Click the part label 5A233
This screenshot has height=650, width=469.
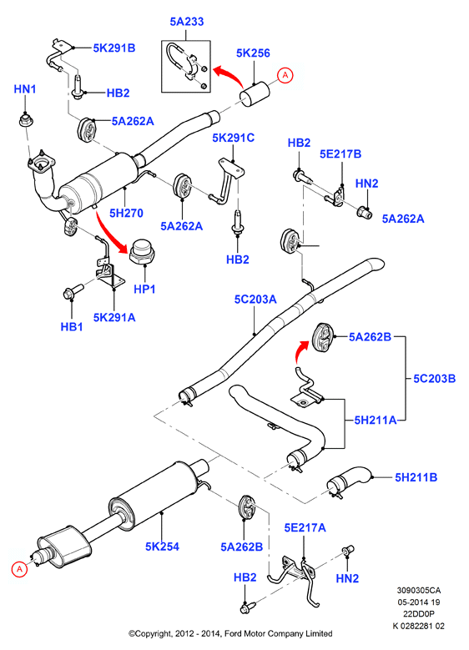pyautogui.click(x=187, y=22)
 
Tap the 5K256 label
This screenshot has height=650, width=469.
pyautogui.click(x=253, y=53)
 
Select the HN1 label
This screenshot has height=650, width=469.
pyautogui.click(x=25, y=89)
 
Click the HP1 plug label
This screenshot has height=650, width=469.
pyautogui.click(x=144, y=289)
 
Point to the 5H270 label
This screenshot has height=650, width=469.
pyautogui.click(x=126, y=213)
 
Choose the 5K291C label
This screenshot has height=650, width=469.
pyautogui.click(x=233, y=138)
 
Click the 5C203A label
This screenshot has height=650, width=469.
pyautogui.click(x=255, y=300)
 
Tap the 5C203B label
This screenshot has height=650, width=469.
pyautogui.click(x=434, y=379)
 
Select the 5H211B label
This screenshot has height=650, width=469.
pyautogui.click(x=416, y=477)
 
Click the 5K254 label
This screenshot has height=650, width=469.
pyautogui.click(x=162, y=547)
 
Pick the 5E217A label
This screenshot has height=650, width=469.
pyautogui.click(x=305, y=527)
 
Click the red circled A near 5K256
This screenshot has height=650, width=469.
pyautogui.click(x=285, y=75)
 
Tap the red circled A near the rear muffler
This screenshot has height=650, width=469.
pyautogui.click(x=19, y=569)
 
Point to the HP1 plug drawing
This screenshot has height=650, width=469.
pyautogui.click(x=141, y=252)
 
